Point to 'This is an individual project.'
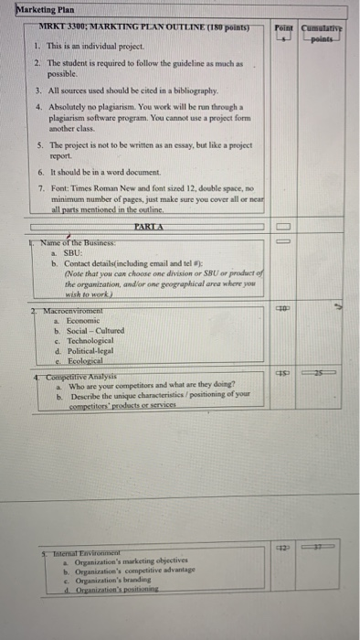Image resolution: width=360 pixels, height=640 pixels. pos(89,45)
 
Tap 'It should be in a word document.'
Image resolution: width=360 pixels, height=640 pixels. pos(110,172)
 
